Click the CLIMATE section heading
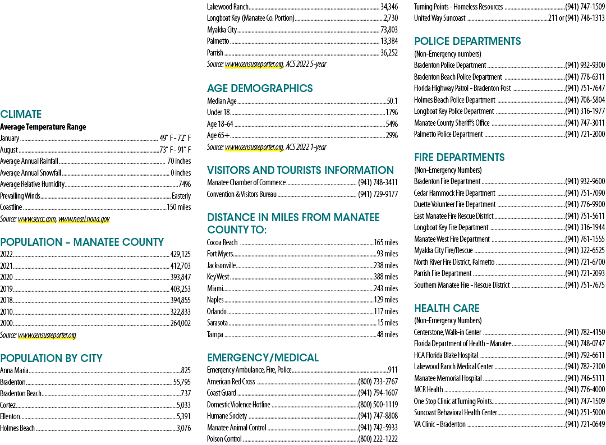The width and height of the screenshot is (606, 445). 21,114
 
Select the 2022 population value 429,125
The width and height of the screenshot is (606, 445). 181,254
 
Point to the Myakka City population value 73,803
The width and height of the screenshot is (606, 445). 389,30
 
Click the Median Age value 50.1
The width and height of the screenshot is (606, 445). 392,101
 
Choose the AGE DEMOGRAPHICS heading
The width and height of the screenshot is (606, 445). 260,89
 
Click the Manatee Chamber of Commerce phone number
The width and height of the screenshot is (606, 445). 378,182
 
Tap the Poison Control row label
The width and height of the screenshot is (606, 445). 224,439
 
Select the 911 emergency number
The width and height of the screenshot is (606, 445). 393,370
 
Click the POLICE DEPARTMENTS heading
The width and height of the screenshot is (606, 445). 467,42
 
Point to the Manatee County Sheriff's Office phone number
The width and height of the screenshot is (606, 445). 585,123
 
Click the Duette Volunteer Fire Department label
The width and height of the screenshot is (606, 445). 454,204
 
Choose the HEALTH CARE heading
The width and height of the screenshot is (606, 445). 447,308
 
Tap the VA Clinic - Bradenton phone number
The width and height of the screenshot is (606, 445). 585,424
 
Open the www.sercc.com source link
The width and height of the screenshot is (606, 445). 36,219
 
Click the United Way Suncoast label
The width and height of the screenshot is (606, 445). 439,18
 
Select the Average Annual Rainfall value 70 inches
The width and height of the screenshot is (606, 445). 179,161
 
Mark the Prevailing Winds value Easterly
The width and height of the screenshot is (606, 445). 181,196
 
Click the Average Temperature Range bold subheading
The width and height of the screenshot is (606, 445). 43,127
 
